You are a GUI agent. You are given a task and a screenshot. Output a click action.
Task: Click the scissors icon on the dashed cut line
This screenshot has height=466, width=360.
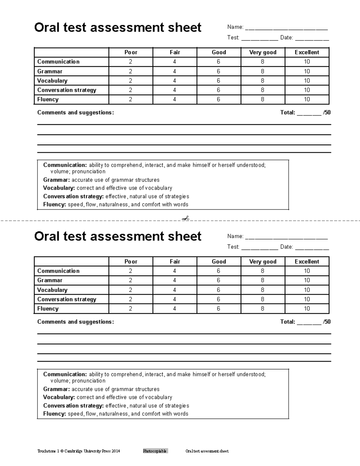186,218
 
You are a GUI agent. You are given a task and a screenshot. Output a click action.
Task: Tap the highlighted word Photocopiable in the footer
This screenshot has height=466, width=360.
155,451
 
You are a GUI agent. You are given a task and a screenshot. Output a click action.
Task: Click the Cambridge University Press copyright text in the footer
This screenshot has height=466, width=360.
79,451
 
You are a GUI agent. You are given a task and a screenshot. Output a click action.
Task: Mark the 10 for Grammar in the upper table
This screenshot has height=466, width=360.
307,71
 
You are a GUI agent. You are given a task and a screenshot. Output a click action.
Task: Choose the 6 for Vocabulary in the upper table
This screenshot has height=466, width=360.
218,80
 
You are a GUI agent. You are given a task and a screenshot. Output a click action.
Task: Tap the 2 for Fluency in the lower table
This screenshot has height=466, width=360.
130,308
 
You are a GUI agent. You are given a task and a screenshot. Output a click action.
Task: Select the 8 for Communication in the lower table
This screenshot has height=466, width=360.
262,271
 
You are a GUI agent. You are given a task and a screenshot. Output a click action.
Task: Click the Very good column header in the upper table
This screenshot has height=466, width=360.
262,52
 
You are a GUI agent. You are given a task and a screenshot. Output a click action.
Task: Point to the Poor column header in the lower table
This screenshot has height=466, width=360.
131,261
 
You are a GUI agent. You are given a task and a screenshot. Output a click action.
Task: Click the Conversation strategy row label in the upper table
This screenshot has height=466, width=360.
67,90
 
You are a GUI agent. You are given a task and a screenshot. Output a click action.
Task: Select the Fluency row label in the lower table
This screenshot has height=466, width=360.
48,308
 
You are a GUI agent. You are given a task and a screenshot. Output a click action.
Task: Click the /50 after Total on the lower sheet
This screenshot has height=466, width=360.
327,322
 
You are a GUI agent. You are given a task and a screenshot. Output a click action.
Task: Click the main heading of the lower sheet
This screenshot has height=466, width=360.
118,236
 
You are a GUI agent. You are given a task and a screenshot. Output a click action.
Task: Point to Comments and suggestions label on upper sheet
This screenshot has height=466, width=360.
75,113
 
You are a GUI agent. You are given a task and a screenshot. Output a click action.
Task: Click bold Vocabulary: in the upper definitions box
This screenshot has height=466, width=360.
59,188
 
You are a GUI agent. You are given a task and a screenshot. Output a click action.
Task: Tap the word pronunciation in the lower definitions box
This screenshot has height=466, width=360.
88,381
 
